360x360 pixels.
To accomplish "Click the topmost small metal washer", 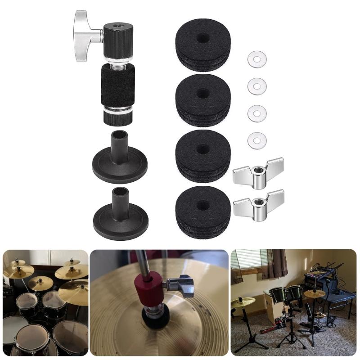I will tap(257, 59).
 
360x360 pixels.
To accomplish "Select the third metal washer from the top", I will tap(257, 113).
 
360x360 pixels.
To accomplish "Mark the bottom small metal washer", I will tap(257, 140).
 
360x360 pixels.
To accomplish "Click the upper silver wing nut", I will tap(258, 173).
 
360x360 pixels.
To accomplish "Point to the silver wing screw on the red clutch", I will tap(180, 285).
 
